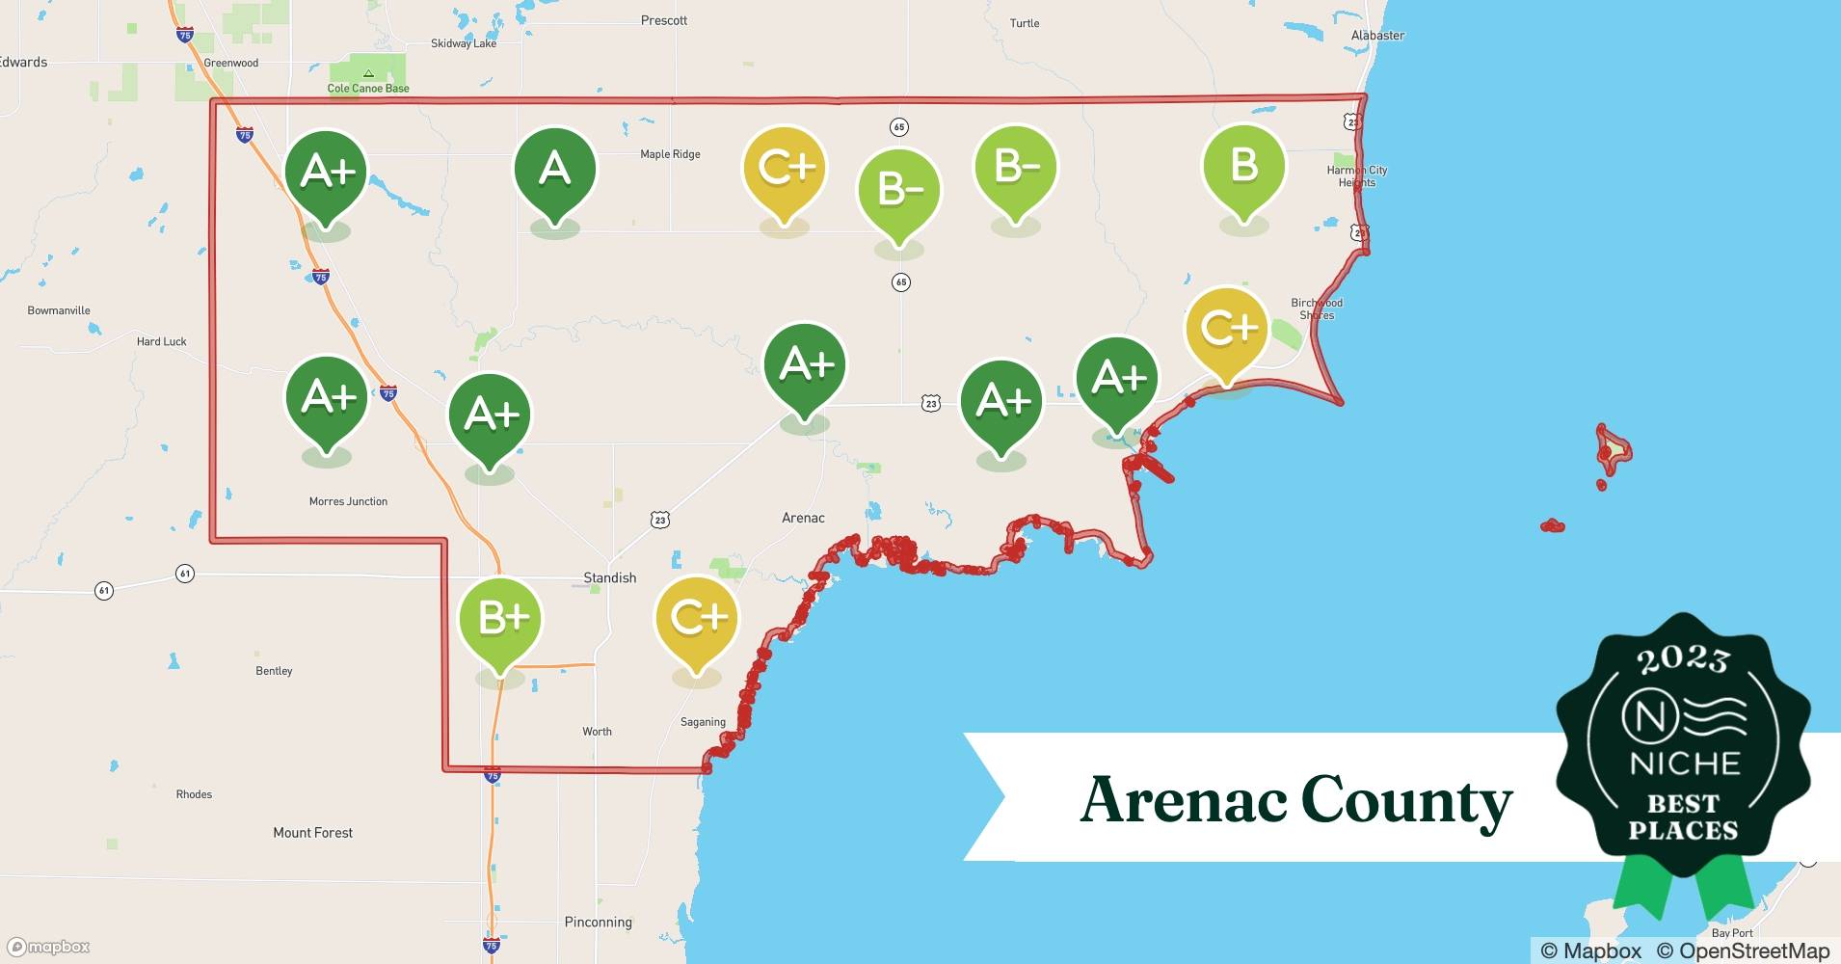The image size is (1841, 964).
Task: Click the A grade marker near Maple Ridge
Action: [554, 171]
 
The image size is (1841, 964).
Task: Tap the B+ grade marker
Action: [500, 619]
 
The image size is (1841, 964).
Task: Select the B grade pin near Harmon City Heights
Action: [1243, 167]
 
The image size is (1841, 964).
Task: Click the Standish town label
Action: [609, 577]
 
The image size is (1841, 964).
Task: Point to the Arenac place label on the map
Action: [803, 518]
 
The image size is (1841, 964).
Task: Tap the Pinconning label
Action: [598, 922]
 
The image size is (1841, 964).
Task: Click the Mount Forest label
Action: [312, 832]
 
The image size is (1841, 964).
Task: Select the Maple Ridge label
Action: [670, 154]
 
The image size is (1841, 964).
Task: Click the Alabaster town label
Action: [1377, 36]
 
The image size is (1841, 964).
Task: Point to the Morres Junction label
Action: [348, 501]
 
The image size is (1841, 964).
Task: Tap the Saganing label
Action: [703, 722]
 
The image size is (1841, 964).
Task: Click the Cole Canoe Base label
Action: [368, 88]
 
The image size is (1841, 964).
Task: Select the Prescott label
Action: [664, 20]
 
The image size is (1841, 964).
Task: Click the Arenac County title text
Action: [1295, 800]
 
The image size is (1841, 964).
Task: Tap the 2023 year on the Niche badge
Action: [1683, 659]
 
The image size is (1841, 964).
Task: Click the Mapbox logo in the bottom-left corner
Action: [49, 947]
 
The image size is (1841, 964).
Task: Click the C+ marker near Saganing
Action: [696, 619]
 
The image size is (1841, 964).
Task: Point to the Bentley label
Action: [274, 671]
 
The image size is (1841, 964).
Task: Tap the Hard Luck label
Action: [161, 341]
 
